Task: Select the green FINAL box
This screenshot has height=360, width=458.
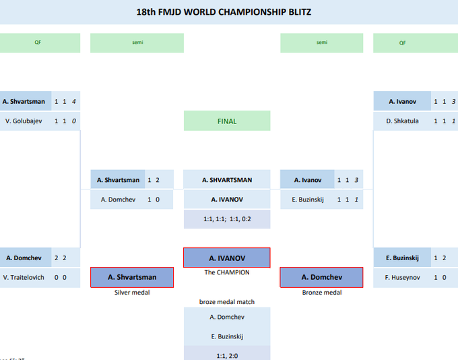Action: click(227, 121)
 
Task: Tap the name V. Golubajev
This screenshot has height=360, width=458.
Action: click(24, 121)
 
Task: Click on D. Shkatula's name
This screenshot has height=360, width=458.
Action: click(402, 121)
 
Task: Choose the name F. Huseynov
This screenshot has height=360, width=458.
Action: click(403, 277)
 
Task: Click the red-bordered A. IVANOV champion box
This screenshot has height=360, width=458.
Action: click(227, 258)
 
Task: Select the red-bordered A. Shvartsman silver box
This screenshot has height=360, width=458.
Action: click(132, 277)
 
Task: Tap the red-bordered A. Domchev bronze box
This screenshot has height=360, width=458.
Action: click(321, 277)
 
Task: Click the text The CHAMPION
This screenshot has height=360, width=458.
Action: click(227, 272)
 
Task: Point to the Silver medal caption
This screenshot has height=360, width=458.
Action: click(132, 293)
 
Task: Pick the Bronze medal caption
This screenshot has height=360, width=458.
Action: click(321, 293)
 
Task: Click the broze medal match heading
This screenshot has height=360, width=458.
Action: click(227, 302)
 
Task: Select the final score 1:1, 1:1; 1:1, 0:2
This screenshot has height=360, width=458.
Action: click(227, 220)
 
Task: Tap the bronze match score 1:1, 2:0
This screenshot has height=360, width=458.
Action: click(227, 355)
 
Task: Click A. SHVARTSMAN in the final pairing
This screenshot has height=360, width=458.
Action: click(227, 180)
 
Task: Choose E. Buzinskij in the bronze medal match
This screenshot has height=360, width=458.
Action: click(227, 335)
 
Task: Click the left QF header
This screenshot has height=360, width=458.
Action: click(38, 42)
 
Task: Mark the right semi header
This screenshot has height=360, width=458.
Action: click(322, 42)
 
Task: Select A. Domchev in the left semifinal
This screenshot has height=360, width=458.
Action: click(118, 200)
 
